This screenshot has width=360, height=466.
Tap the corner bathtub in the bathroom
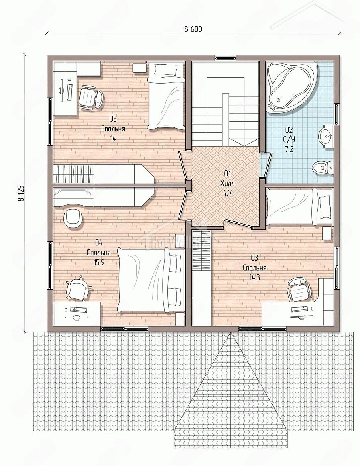[x=292, y=88]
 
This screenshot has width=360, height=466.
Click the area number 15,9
[x=99, y=262]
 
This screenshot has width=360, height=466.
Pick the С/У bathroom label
[x=289, y=139]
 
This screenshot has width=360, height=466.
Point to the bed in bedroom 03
[x=299, y=208]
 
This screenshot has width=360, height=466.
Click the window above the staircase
[x=225, y=58]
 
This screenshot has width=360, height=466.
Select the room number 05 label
[x=113, y=119]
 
